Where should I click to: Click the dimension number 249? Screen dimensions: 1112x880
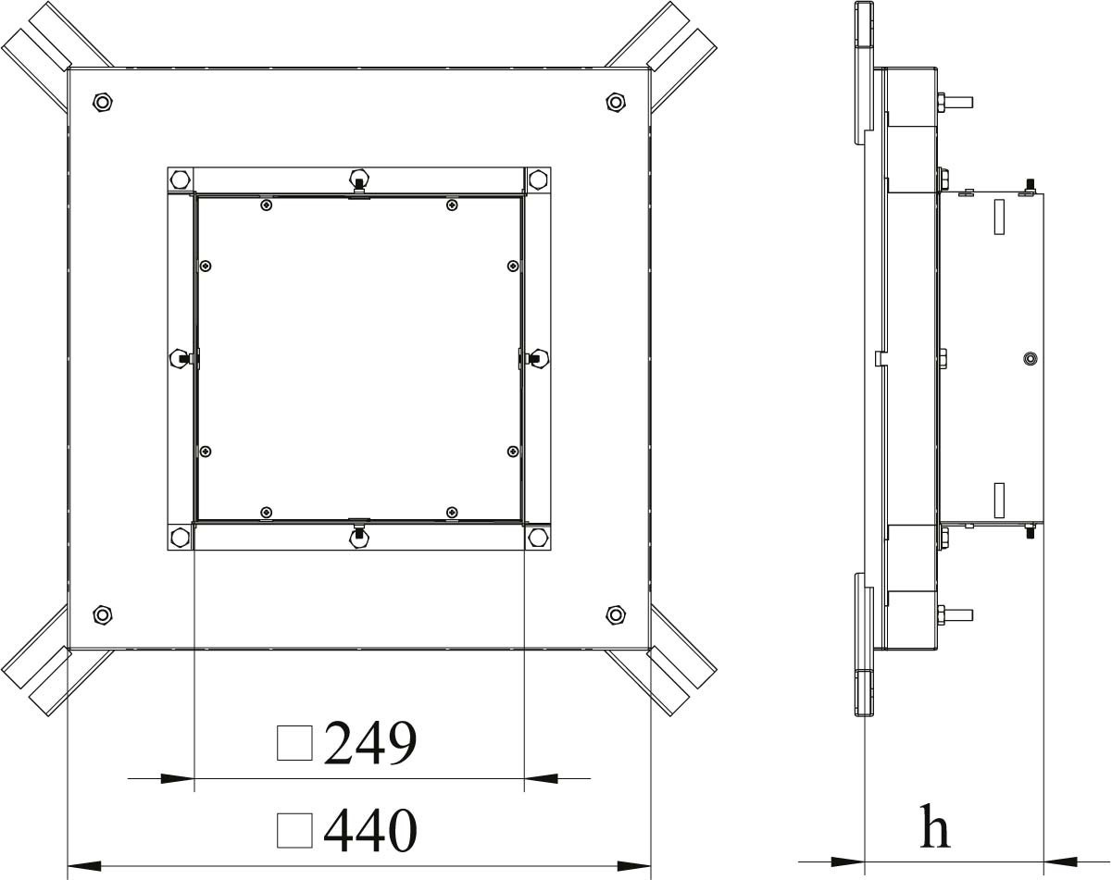click(370, 743)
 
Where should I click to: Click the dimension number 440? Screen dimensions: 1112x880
click(370, 830)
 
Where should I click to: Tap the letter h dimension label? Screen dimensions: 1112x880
click(935, 825)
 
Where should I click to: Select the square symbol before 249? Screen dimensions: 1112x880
click(294, 743)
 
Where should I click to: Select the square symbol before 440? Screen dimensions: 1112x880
click(294, 830)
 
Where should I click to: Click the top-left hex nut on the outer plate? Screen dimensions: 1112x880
click(103, 102)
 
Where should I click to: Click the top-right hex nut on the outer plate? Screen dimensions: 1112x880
click(616, 102)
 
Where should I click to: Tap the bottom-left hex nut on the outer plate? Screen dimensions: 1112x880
click(103, 614)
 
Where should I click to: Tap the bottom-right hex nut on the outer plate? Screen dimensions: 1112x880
click(616, 614)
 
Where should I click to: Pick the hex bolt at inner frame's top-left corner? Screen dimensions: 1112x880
click(181, 180)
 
